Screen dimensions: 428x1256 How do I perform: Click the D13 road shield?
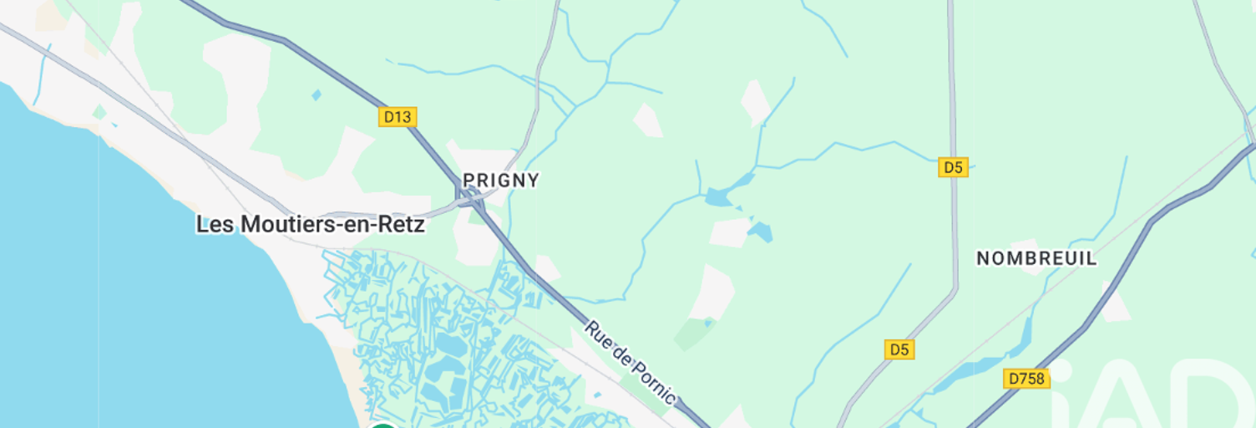tap(398, 116)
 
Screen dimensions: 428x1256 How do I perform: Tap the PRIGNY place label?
tap(501, 180)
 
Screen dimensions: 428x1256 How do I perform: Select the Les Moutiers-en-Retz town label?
tap(311, 225)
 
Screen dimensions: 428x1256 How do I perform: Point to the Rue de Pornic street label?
tap(630, 361)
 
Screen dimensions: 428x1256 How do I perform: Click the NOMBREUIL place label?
tap(1036, 258)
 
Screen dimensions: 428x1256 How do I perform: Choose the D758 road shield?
tap(1026, 379)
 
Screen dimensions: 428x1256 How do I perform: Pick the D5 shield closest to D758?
tap(899, 349)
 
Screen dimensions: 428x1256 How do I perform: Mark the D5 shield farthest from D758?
tap(953, 167)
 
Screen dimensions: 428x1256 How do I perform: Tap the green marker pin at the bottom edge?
tap(383, 425)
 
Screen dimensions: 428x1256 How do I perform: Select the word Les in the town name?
tap(215, 225)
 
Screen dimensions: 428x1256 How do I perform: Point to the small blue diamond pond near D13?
tap(316, 95)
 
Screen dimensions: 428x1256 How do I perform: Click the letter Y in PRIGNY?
tap(534, 180)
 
